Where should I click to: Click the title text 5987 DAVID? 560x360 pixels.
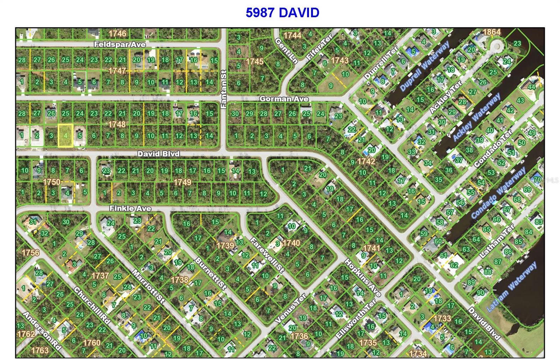282,13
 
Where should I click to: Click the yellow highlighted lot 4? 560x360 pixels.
65,135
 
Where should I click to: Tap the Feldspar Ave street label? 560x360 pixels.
120,44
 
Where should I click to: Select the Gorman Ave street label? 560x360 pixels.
284,99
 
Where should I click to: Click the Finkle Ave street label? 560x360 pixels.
130,208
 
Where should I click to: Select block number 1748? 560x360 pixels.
117,124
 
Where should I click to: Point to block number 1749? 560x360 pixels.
183,182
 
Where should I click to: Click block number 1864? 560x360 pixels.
491,32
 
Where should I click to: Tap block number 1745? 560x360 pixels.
254,62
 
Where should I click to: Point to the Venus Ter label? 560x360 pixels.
290,308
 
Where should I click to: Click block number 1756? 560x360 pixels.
30,252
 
